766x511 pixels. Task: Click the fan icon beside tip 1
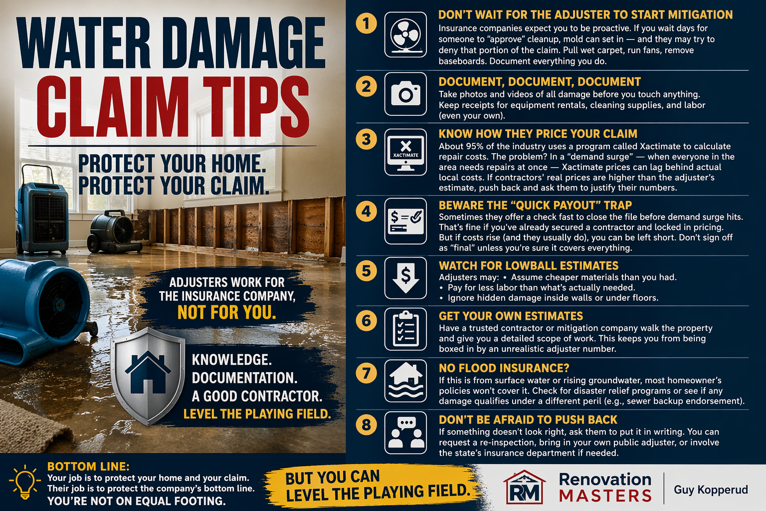[405, 35]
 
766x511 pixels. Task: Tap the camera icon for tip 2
[405, 94]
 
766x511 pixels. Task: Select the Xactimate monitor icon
[405, 152]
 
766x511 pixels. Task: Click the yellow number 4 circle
[366, 211]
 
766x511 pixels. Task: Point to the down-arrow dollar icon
[405, 278]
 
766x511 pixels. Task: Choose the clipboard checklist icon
[405, 329]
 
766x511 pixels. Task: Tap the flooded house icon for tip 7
[405, 381]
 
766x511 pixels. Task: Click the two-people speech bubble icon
[405, 433]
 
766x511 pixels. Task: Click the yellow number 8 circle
[366, 425]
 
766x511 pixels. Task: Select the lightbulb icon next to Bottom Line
[25, 482]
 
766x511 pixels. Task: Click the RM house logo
[525, 488]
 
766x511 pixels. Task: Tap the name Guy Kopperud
[711, 490]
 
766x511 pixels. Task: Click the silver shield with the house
[148, 376]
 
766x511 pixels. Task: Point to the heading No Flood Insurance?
[504, 368]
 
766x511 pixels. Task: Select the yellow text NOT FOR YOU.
[227, 312]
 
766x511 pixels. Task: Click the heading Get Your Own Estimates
[511, 316]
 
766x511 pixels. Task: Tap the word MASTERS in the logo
[605, 496]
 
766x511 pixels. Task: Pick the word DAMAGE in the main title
[243, 43]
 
